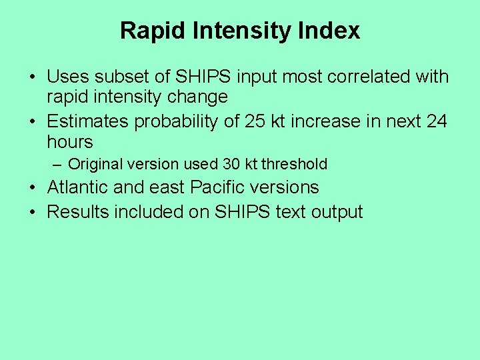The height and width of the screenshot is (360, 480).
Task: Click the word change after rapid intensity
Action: tap(197, 97)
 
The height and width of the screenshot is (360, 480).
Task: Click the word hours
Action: tap(70, 142)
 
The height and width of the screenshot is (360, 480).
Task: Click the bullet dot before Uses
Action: tap(33, 77)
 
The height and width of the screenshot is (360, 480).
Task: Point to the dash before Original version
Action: tap(59, 164)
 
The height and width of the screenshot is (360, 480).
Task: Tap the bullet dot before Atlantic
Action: tap(33, 188)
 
